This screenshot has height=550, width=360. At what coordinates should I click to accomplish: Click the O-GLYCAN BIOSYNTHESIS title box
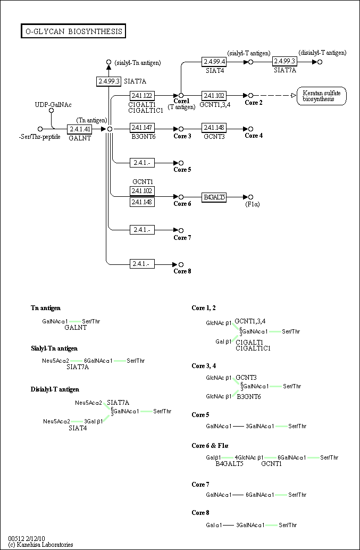click(x=73, y=31)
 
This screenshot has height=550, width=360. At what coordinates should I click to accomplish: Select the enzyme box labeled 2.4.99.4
click(x=214, y=62)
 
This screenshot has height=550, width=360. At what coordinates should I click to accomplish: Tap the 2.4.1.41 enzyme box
click(x=80, y=129)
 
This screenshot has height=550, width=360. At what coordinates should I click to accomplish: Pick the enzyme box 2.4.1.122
click(x=142, y=96)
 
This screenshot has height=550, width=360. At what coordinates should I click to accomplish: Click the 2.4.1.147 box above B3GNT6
click(x=142, y=129)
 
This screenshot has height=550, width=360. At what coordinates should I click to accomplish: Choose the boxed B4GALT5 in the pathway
click(x=214, y=197)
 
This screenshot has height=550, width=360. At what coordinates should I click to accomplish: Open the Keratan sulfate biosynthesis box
click(x=321, y=96)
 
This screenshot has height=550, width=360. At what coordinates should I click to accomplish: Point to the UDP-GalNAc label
click(x=53, y=105)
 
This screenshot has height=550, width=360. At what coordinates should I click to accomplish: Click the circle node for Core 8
click(x=181, y=264)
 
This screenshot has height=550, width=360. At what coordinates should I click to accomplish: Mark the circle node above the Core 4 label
click(x=250, y=129)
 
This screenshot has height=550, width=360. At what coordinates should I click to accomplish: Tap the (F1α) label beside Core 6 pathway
click(x=252, y=204)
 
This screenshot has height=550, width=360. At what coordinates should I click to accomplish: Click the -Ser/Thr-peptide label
click(x=39, y=137)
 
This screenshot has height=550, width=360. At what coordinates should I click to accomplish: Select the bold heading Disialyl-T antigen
click(x=55, y=389)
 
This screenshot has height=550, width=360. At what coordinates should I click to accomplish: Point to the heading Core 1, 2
click(x=204, y=308)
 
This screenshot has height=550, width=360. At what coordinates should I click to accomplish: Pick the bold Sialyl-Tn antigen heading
click(x=54, y=348)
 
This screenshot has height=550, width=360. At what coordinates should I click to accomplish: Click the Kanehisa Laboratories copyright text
click(x=41, y=545)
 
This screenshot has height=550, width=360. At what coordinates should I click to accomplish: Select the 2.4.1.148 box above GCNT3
click(x=214, y=129)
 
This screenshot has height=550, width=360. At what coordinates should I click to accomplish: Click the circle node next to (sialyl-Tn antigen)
click(x=109, y=62)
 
